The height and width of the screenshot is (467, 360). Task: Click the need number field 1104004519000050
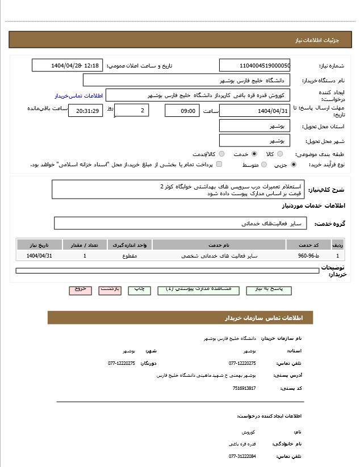[x=254, y=65]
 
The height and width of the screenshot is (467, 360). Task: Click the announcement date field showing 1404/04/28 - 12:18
[x=67, y=65]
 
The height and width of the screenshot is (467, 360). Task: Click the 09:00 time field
[x=182, y=111]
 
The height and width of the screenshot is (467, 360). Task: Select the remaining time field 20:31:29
[x=85, y=111]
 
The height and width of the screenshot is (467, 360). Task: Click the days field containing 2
[x=132, y=110]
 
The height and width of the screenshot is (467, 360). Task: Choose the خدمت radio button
[x=254, y=154]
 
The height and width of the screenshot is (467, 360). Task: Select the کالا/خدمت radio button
[x=221, y=154]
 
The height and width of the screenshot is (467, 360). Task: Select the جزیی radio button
[x=293, y=165]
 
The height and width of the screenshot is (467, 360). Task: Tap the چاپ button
[x=139, y=289]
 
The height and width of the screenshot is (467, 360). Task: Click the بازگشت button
[x=110, y=289]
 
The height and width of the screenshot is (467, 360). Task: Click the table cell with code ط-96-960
[x=308, y=256]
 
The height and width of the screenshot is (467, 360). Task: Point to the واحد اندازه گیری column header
[x=129, y=245]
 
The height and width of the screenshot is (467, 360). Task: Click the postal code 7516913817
[x=244, y=388]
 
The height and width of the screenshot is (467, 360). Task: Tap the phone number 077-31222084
[x=242, y=456]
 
